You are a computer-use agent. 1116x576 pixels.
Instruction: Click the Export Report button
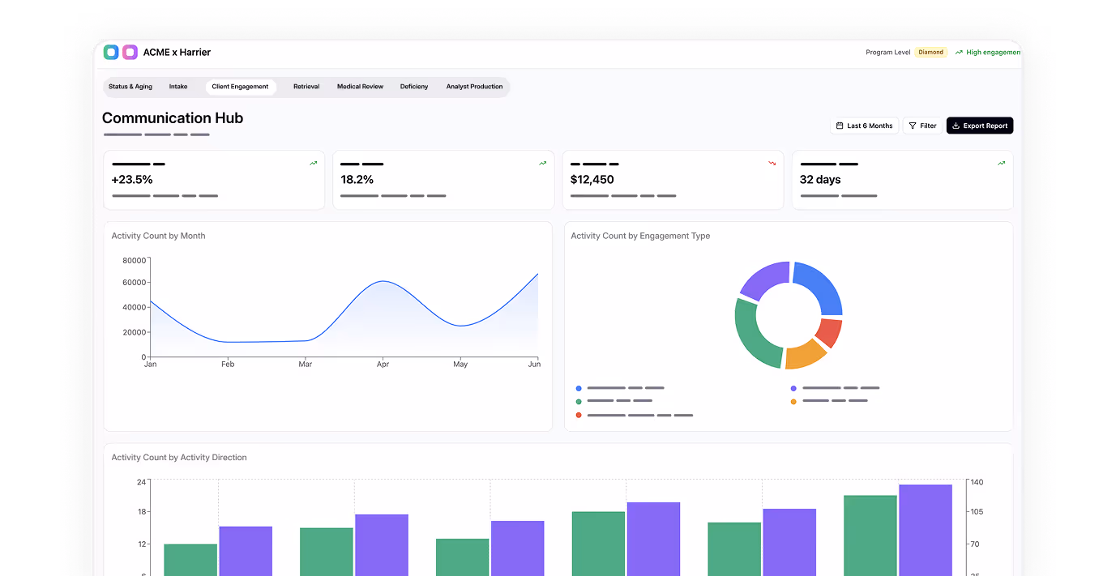[x=979, y=126]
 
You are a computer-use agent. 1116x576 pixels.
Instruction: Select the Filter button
[x=922, y=126]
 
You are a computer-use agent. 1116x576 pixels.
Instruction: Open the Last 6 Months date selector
[x=864, y=126]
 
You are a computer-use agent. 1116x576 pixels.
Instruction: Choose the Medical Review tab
[x=360, y=87]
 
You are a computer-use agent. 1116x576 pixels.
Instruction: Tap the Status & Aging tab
[x=130, y=87]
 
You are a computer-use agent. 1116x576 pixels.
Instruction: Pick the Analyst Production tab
[x=474, y=87]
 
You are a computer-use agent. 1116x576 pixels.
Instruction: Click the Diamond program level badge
[x=930, y=52]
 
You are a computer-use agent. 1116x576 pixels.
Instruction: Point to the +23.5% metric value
[x=132, y=180]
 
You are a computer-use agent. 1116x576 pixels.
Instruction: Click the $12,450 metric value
[x=592, y=180]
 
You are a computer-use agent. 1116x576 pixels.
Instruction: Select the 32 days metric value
[x=820, y=180]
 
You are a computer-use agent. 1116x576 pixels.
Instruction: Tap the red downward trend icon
[x=772, y=164]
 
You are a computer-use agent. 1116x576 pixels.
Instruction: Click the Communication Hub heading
[x=173, y=118]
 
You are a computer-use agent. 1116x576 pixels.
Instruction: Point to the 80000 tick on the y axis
[x=134, y=260]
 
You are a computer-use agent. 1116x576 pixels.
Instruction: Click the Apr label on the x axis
[x=383, y=365]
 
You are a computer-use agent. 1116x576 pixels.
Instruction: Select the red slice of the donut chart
[x=829, y=332]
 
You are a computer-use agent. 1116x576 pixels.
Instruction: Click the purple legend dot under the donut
[x=793, y=389]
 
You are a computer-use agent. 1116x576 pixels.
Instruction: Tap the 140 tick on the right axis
[x=977, y=482]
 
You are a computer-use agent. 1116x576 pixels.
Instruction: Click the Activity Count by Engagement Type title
[x=640, y=236]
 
